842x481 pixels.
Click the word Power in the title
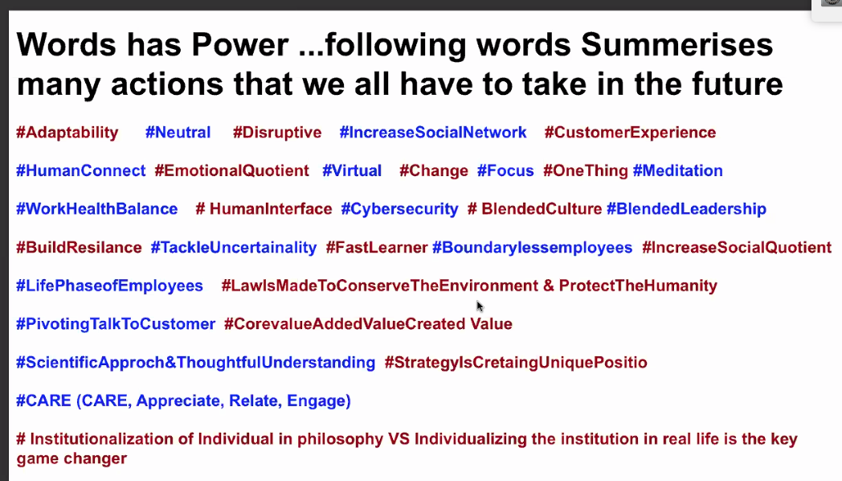tap(240, 44)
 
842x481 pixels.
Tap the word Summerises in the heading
tap(676, 44)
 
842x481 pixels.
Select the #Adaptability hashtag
tap(67, 133)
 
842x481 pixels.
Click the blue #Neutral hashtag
tap(178, 132)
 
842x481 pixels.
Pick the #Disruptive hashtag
tap(277, 133)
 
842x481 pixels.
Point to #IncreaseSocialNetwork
tap(433, 132)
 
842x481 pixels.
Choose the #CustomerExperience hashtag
tap(630, 133)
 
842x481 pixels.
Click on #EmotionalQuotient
tap(231, 171)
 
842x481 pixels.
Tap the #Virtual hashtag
tap(352, 171)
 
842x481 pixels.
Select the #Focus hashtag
tap(505, 171)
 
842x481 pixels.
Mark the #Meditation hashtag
tap(677, 171)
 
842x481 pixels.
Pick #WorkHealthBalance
tap(96, 209)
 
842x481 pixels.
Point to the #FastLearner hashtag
tap(377, 248)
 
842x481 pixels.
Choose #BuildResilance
tap(79, 248)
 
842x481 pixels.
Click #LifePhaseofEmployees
tap(109, 286)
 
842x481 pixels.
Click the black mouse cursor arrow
tap(480, 306)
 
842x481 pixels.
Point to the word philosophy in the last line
tap(340, 440)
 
